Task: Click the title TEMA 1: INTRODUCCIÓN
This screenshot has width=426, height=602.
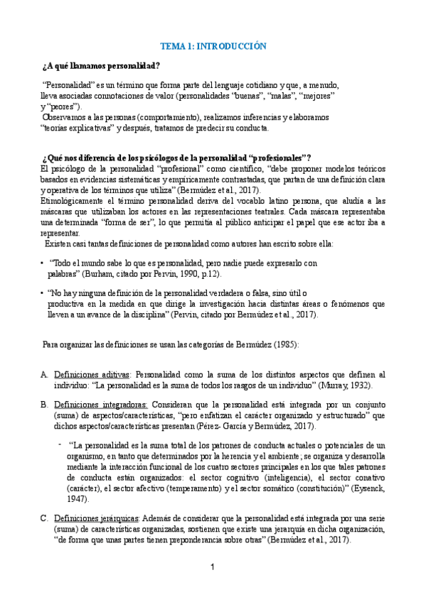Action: pos(213,45)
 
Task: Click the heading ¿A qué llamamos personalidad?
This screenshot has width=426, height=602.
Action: pos(102,67)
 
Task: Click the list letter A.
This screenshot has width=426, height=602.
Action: pos(44,374)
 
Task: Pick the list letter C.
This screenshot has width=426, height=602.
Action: pos(44,518)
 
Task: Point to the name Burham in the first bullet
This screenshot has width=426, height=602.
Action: pos(109,273)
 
